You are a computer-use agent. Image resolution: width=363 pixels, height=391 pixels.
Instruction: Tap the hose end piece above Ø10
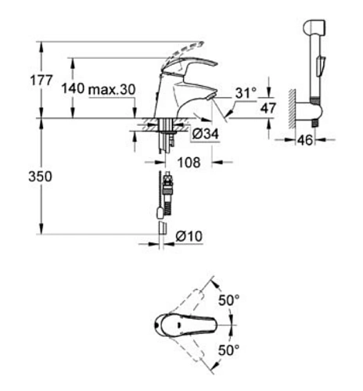pos(162,226)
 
